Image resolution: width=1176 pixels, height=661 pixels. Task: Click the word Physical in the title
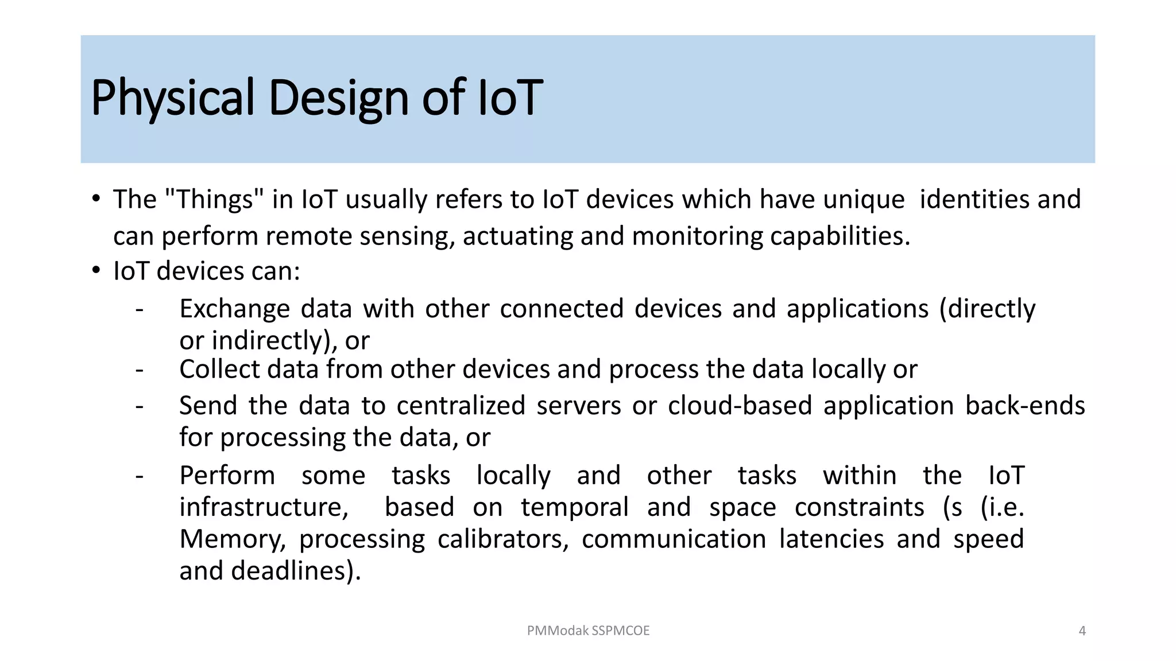click(x=172, y=98)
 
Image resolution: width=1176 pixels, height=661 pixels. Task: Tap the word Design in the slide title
click(x=339, y=98)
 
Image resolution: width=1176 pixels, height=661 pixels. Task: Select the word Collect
click(x=220, y=369)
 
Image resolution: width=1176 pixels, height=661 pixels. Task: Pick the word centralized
click(x=461, y=406)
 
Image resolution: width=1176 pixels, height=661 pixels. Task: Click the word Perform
click(x=227, y=476)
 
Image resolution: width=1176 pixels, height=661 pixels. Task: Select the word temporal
click(x=575, y=507)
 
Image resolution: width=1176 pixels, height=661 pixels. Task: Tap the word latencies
click(x=831, y=539)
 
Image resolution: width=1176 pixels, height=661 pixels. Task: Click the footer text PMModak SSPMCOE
click(x=588, y=631)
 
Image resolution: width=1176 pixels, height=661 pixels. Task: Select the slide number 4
click(x=1082, y=631)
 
